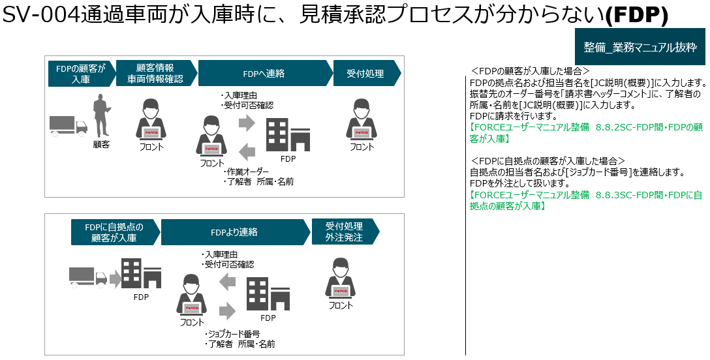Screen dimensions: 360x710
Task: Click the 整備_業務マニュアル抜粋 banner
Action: [640, 48]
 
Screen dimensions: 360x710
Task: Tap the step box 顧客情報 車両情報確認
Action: [155, 74]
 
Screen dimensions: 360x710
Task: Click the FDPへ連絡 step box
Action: [263, 74]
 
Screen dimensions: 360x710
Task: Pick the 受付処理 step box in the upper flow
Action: [365, 74]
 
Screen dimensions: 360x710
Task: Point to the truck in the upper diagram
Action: [68, 125]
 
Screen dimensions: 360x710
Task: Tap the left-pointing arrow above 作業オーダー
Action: [246, 152]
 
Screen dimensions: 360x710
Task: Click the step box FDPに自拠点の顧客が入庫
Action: [114, 232]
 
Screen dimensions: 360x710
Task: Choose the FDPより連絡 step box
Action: [234, 232]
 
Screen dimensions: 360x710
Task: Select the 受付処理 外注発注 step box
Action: [343, 232]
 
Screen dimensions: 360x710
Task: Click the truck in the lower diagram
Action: [87, 277]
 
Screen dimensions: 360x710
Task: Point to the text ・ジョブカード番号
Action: [232, 334]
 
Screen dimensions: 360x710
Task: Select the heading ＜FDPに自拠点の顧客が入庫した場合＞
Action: [548, 161]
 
